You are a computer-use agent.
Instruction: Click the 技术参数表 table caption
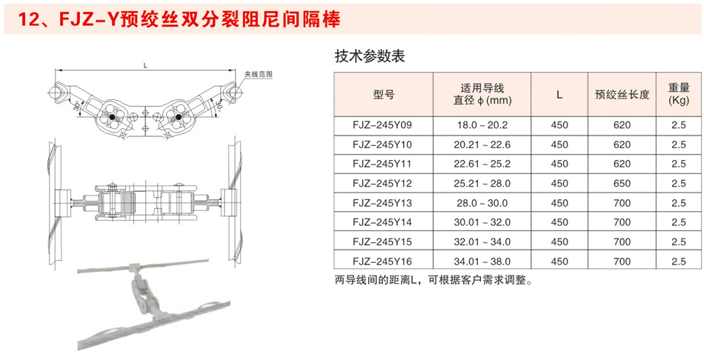(370, 56)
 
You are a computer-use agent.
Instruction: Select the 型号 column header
(384, 95)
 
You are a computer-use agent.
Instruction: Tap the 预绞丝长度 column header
(622, 95)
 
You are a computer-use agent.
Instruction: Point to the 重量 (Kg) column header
(679, 94)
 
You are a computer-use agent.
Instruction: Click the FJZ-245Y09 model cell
(384, 126)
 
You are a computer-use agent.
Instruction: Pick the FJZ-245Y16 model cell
(384, 261)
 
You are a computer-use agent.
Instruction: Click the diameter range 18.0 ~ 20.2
(482, 126)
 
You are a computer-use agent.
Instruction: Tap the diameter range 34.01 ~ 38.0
(482, 261)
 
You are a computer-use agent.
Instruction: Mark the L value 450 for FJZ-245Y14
(559, 222)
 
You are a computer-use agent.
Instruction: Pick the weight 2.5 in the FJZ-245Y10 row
(679, 145)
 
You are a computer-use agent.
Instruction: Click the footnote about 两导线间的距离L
(434, 280)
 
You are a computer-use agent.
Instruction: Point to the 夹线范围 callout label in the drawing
(259, 75)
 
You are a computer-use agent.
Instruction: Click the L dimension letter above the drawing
(145, 66)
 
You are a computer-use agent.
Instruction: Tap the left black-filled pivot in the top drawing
(112, 117)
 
